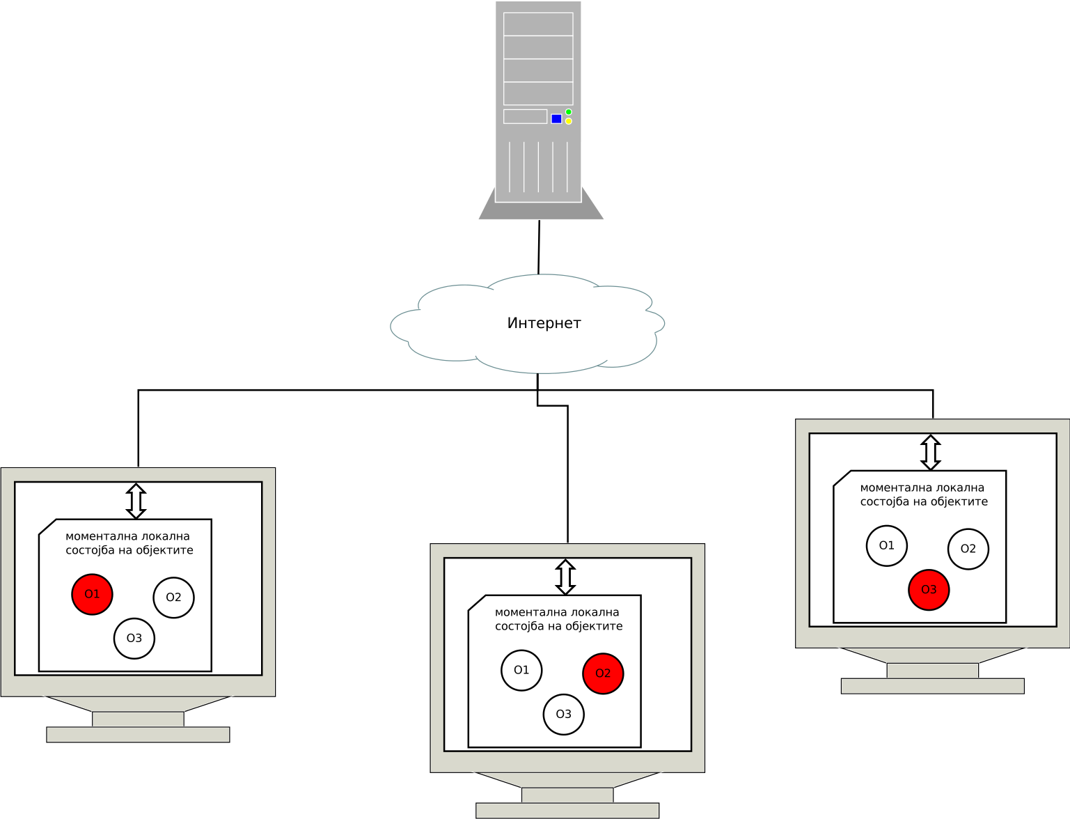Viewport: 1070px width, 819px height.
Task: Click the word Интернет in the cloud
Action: [x=544, y=323]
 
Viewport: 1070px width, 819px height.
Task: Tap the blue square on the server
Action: [x=556, y=119]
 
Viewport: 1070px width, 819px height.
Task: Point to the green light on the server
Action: [x=569, y=111]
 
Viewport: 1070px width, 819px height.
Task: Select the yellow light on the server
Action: [x=569, y=121]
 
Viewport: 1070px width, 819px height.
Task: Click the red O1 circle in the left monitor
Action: [x=92, y=594]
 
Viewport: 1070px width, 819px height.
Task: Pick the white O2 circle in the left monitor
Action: [x=173, y=598]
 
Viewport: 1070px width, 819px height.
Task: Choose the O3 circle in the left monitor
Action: [x=134, y=638]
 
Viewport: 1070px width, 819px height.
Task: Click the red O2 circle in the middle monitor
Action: [x=603, y=673]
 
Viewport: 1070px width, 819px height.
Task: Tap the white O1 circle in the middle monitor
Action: [x=521, y=670]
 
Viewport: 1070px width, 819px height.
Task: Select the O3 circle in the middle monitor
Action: [x=564, y=714]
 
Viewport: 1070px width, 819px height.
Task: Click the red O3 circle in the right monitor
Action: [x=929, y=590]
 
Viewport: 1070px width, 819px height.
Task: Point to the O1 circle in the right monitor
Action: [x=887, y=545]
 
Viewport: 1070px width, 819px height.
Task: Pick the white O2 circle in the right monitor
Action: [x=968, y=549]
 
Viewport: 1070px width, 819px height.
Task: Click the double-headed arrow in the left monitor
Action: [x=136, y=501]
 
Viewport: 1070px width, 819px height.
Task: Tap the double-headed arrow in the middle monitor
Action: [x=566, y=577]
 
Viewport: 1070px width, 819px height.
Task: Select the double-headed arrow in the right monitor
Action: [x=931, y=453]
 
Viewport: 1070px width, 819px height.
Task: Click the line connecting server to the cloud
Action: [x=539, y=247]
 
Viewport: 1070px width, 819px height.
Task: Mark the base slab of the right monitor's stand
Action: [x=932, y=686]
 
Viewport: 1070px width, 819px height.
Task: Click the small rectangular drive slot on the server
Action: [x=525, y=116]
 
